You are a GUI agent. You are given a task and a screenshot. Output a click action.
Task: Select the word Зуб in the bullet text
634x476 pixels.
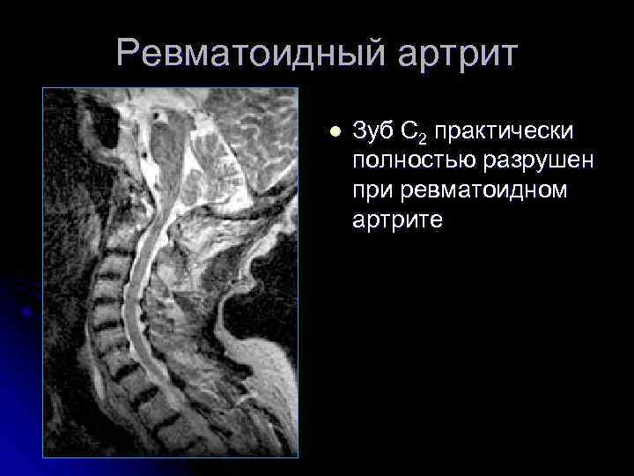click(372, 133)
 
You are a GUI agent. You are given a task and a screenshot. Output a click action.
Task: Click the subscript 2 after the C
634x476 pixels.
click(422, 139)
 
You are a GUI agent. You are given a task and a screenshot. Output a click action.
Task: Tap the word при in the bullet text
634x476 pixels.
click(372, 190)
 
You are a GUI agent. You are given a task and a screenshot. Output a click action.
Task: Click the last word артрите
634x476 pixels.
click(399, 219)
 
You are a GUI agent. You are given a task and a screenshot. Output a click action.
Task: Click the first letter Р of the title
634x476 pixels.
click(128, 55)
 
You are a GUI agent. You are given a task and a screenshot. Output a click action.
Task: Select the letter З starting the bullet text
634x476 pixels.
click(358, 133)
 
